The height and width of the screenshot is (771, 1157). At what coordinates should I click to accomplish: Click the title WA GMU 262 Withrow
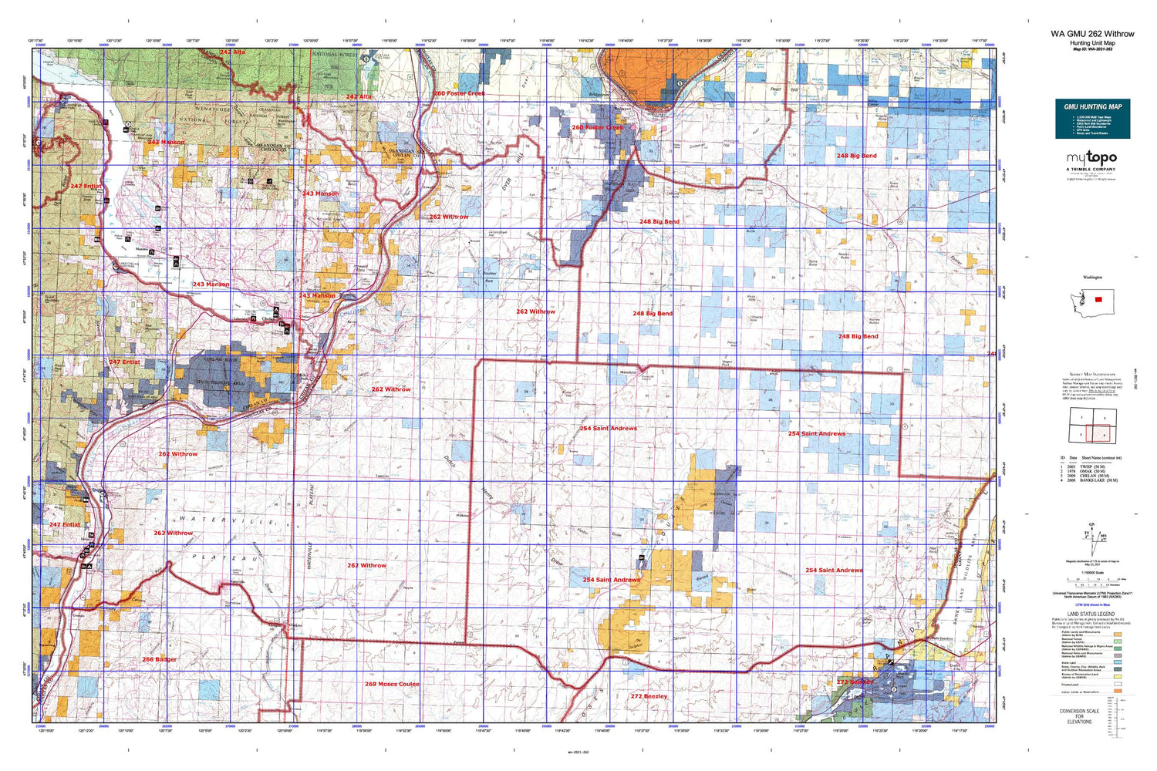(1092, 34)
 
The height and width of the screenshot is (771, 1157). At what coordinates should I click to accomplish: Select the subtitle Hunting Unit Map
(1092, 43)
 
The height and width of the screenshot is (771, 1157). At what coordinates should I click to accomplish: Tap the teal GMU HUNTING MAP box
(1092, 119)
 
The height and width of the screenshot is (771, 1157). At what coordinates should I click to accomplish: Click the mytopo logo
(1091, 158)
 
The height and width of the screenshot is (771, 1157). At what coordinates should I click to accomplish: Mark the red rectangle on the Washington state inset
(1098, 299)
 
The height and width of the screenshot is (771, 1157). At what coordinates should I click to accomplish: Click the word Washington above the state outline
(1092, 278)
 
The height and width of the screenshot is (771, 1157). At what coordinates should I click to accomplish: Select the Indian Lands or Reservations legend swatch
(1118, 692)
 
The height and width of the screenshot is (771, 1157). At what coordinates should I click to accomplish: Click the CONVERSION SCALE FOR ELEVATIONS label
(1079, 716)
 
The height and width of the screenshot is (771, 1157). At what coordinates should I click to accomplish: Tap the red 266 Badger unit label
(159, 660)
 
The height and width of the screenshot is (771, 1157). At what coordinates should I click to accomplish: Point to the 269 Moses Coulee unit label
(392, 684)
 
